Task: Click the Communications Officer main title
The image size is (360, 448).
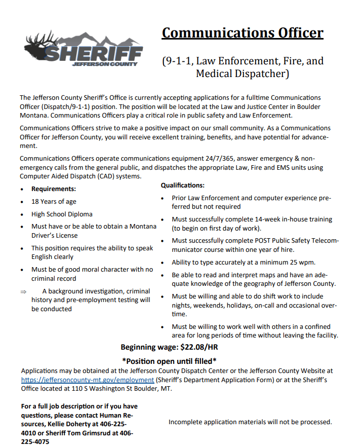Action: click(x=242, y=33)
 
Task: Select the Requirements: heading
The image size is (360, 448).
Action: click(x=54, y=189)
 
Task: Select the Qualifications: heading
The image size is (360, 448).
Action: click(x=182, y=185)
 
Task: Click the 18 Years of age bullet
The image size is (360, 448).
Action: click(x=54, y=202)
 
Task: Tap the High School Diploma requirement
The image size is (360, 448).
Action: click(x=62, y=214)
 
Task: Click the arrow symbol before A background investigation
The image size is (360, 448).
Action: click(x=23, y=291)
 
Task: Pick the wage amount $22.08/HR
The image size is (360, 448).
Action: click(x=199, y=347)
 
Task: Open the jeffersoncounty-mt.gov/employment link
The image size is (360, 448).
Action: click(x=87, y=380)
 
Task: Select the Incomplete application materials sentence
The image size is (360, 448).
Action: click(x=250, y=422)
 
